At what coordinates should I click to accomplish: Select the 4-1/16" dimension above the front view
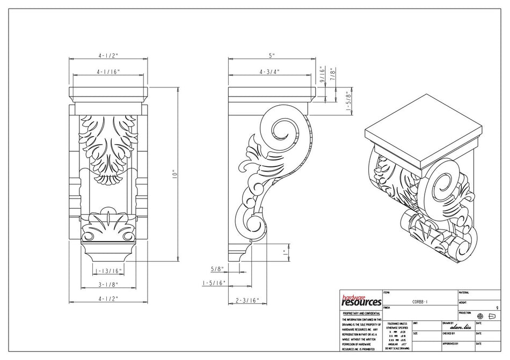tap(108, 71)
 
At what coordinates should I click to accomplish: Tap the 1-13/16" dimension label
tap(108, 271)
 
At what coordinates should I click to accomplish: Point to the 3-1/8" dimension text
tap(108, 285)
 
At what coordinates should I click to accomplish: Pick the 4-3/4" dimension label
tap(269, 71)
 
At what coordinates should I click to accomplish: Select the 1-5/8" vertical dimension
tap(348, 100)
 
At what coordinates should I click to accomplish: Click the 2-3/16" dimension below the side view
tap(247, 300)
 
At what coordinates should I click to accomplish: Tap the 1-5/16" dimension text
tap(214, 283)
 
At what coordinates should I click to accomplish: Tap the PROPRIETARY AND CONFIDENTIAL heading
tap(361, 313)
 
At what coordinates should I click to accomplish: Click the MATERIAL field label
tap(464, 293)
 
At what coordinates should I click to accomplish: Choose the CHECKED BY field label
tap(450, 333)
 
